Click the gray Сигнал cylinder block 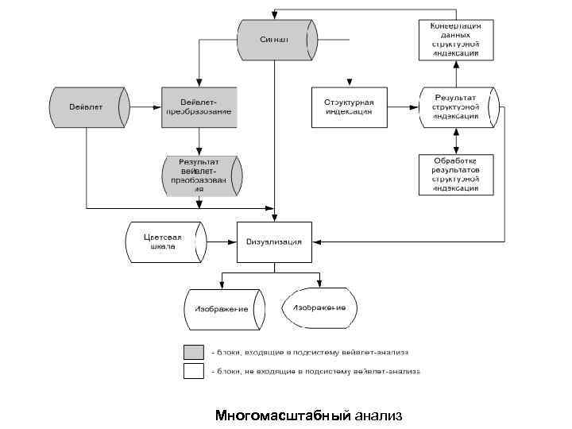[x=276, y=39]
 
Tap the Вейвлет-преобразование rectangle [x=199, y=106]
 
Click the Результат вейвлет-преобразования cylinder [x=199, y=175]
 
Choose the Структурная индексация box [x=349, y=106]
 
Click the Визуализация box [x=274, y=242]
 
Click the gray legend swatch [x=194, y=352]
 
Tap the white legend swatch [x=194, y=371]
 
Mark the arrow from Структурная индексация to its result [x=403, y=106]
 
